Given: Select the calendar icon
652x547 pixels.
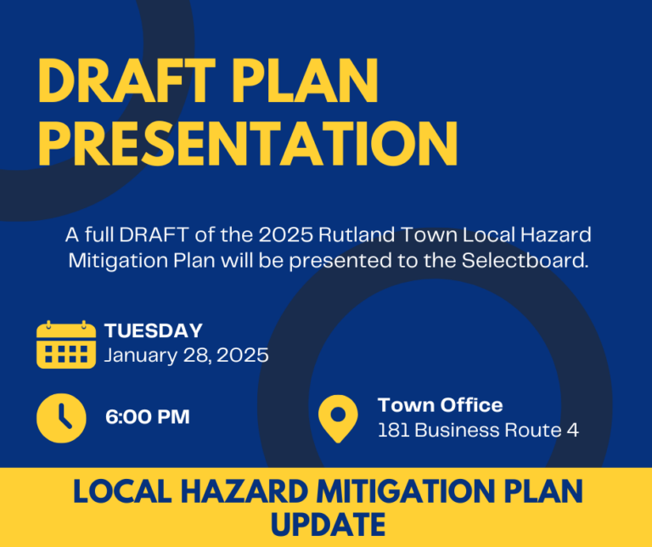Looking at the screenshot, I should pyautogui.click(x=66, y=344).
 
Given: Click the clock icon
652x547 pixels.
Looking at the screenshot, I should pyautogui.click(x=61, y=418).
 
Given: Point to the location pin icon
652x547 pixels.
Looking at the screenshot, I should pyautogui.click(x=338, y=418).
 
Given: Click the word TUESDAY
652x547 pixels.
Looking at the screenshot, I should pyautogui.click(x=154, y=331).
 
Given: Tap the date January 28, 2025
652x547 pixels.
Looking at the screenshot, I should pyautogui.click(x=186, y=355).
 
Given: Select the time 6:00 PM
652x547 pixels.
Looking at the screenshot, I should pyautogui.click(x=147, y=417).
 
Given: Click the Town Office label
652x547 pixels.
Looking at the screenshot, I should pyautogui.click(x=440, y=405).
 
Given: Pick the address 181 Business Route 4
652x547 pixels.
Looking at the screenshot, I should pyautogui.click(x=478, y=431).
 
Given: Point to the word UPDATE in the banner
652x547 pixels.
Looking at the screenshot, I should pyautogui.click(x=327, y=524).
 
